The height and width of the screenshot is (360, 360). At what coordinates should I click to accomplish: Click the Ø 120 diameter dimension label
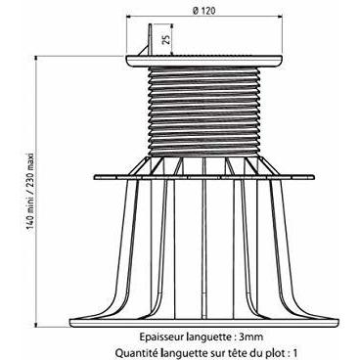(x=204, y=11)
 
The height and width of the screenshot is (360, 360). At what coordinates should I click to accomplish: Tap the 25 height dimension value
(x=166, y=39)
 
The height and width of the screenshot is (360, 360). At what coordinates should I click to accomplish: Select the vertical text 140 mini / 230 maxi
(x=30, y=191)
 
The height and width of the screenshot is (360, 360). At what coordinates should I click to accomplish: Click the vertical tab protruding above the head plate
(x=150, y=40)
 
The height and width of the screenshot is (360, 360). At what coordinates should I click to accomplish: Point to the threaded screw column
(x=204, y=112)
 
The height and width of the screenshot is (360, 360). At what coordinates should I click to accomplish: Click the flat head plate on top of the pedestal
(x=204, y=61)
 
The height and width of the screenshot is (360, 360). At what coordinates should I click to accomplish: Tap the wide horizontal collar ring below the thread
(x=204, y=177)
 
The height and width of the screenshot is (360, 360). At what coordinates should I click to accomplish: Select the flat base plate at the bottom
(x=204, y=323)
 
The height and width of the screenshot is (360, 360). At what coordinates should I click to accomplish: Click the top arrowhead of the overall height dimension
(x=37, y=59)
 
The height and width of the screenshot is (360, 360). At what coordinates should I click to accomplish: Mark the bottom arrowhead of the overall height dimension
(x=37, y=324)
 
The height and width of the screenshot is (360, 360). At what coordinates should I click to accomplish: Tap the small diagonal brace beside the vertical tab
(x=143, y=50)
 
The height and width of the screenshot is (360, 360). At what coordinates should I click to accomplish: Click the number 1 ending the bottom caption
(x=295, y=352)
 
